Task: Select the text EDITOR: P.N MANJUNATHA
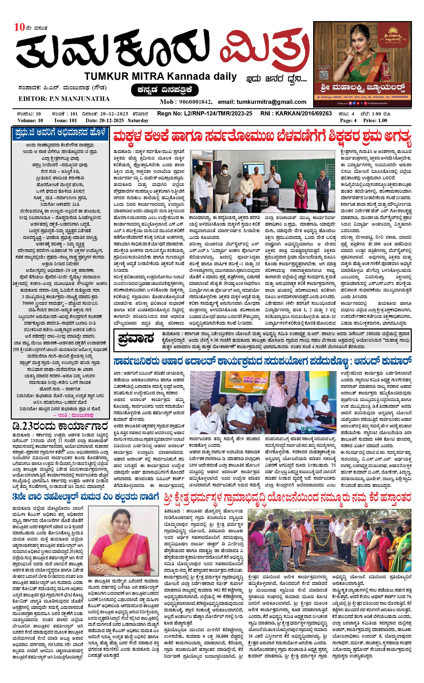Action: point(64,99)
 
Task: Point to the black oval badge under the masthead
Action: point(165,90)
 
